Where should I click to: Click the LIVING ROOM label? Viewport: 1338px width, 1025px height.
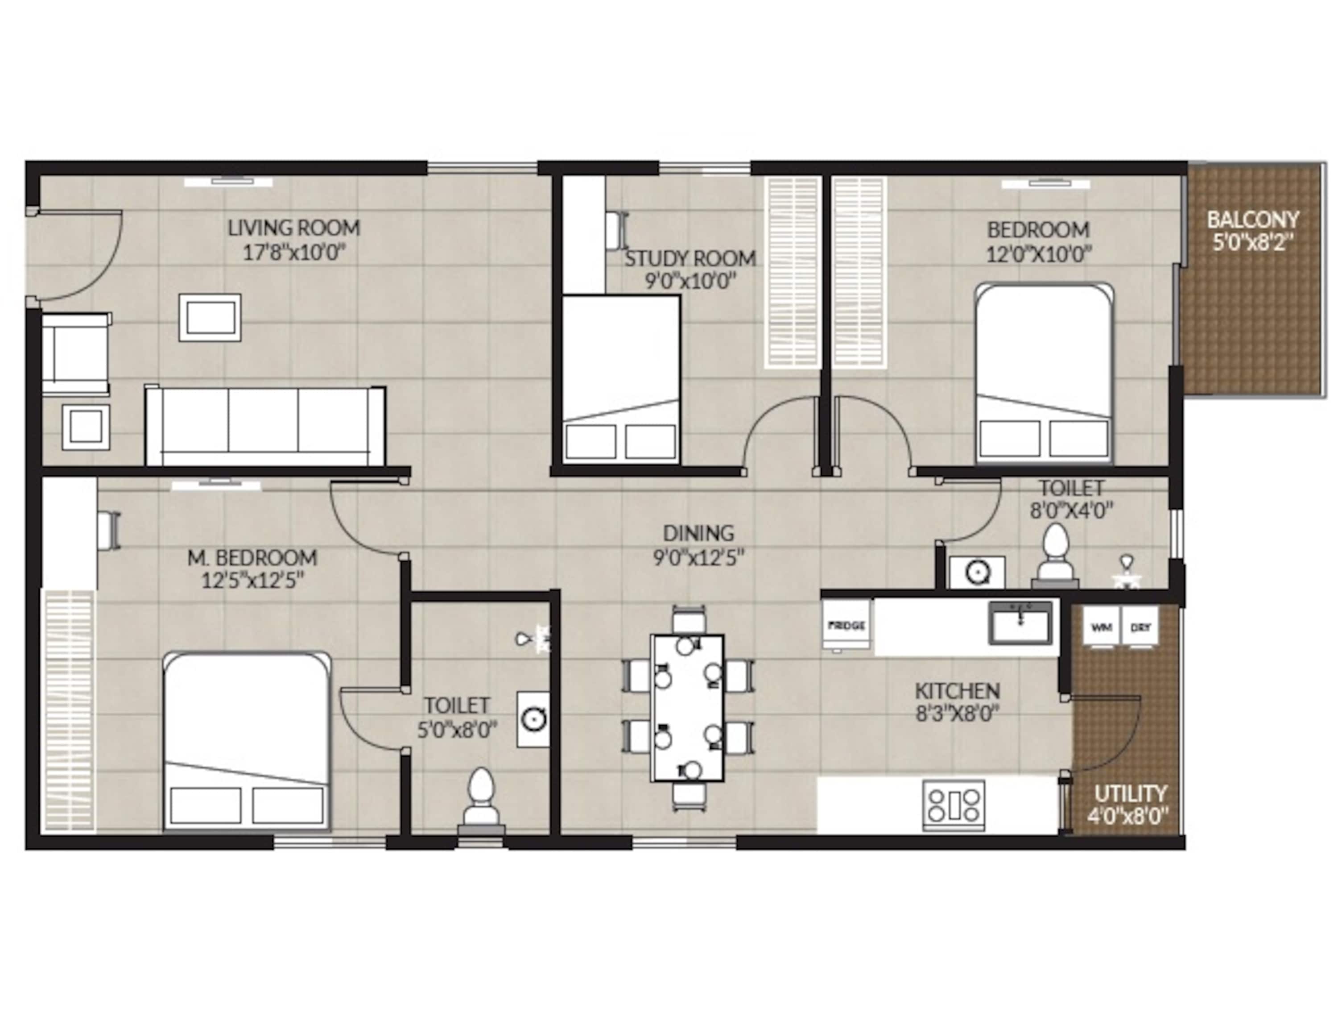293,228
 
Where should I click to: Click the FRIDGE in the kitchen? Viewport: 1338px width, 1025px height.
847,626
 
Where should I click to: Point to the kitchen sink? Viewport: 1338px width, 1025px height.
1020,623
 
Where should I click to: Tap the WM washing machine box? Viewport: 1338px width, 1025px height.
1101,626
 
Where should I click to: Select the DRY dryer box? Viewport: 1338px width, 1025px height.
1140,626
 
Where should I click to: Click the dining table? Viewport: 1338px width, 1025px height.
687,708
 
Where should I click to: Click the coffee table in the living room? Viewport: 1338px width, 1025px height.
210,317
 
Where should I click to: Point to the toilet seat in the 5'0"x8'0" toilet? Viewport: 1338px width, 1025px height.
481,799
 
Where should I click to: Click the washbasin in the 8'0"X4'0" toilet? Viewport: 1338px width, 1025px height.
977,572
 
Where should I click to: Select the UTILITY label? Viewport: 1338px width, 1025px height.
1130,794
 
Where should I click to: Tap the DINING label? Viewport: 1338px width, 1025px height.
698,534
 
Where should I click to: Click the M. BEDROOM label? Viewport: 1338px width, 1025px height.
252,558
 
